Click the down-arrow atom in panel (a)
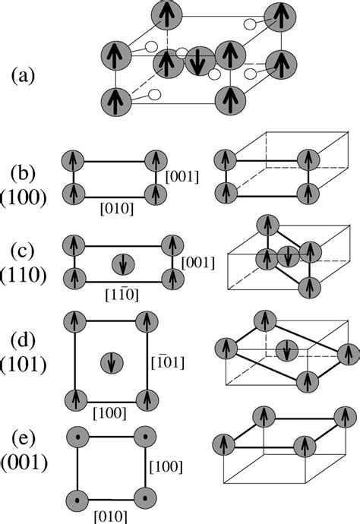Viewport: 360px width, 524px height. (197, 62)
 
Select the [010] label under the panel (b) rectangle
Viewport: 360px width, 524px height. (115, 207)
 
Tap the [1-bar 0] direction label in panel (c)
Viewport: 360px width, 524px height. (118, 292)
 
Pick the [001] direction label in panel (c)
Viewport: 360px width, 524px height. (197, 262)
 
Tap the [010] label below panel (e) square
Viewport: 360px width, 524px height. (109, 516)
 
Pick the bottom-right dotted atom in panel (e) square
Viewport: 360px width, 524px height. (144, 499)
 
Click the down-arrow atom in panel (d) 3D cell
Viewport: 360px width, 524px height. (285, 351)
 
